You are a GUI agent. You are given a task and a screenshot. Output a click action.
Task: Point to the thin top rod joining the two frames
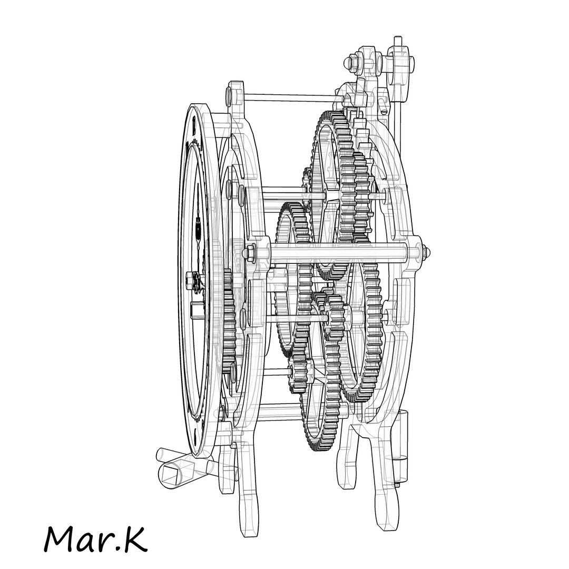click(x=287, y=96)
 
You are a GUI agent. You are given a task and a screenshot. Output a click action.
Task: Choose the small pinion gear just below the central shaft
click(x=335, y=317)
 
